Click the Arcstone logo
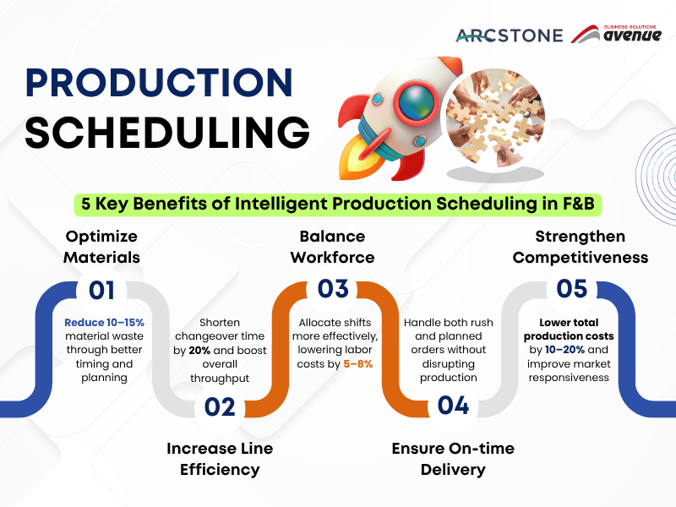[x=510, y=35]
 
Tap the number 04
[x=453, y=406]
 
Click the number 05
[x=571, y=289]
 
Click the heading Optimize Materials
[x=101, y=246]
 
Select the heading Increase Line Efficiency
[x=220, y=459]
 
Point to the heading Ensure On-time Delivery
[x=453, y=459]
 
